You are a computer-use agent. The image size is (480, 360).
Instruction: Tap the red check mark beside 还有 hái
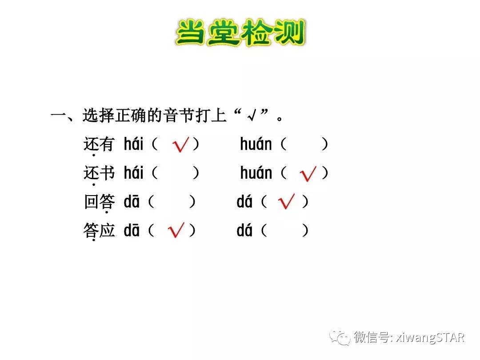click(180, 145)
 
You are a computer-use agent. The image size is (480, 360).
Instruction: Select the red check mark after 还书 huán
click(308, 174)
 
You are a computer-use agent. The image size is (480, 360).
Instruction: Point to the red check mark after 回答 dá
click(286, 203)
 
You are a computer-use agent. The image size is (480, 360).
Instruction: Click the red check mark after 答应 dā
click(176, 230)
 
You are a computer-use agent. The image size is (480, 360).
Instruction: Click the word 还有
click(99, 144)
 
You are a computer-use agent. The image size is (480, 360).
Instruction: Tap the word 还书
click(99, 173)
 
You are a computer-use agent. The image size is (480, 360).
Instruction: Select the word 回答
click(99, 202)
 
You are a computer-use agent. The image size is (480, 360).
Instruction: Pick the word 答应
click(99, 231)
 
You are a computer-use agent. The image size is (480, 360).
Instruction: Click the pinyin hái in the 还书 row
click(134, 173)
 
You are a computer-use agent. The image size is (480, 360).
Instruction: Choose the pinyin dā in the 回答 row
click(132, 202)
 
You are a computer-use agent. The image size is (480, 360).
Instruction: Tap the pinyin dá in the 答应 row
click(244, 231)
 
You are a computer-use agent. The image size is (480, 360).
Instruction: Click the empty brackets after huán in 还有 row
click(304, 144)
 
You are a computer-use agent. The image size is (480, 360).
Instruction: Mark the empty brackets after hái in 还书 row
click(175, 173)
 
